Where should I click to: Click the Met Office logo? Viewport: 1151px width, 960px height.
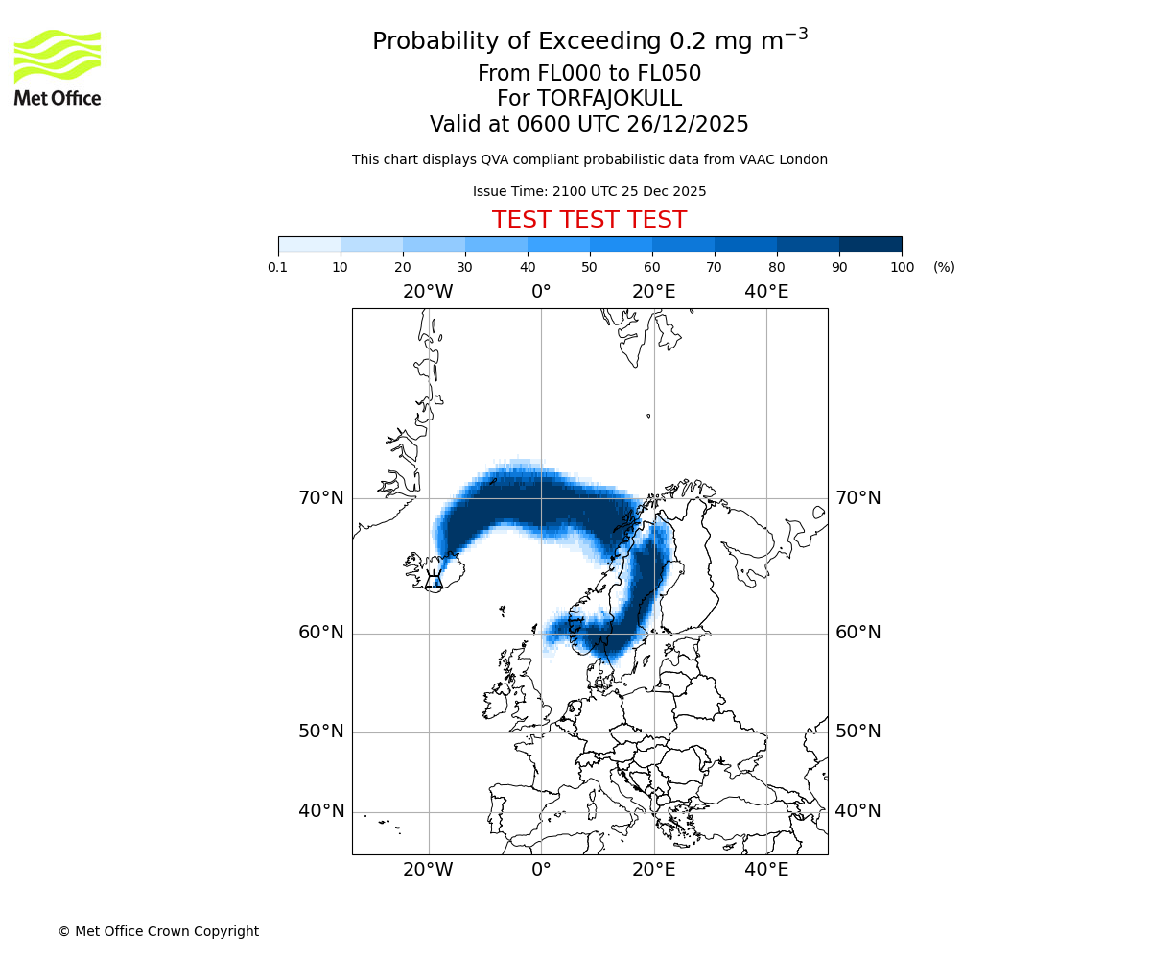click(x=58, y=67)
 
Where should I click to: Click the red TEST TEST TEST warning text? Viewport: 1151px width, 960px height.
click(x=589, y=220)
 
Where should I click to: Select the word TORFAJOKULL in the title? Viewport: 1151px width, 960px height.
click(x=609, y=99)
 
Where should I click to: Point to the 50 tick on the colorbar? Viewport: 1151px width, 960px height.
click(x=590, y=267)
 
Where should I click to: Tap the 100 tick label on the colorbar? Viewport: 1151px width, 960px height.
click(x=902, y=267)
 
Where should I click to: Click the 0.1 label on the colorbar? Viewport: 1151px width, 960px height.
click(x=278, y=267)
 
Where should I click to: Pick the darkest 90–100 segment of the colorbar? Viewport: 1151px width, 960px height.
click(x=870, y=244)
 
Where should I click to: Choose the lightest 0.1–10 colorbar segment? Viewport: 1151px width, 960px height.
click(x=309, y=244)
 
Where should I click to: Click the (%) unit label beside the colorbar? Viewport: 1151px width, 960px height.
click(x=944, y=267)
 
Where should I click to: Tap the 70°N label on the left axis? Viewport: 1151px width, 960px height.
click(x=320, y=498)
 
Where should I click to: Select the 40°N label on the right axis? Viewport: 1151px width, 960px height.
click(x=857, y=811)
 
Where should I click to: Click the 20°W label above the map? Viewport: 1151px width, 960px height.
click(x=428, y=292)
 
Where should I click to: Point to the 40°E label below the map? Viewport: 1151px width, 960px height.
click(x=766, y=871)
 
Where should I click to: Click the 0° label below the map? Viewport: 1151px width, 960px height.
click(x=541, y=871)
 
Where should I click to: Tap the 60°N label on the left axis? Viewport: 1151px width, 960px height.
click(x=320, y=633)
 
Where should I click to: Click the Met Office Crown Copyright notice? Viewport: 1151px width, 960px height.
click(x=158, y=931)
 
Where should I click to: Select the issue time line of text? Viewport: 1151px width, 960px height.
click(x=589, y=191)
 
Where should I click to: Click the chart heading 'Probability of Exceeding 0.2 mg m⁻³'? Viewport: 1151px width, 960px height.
click(x=589, y=41)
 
